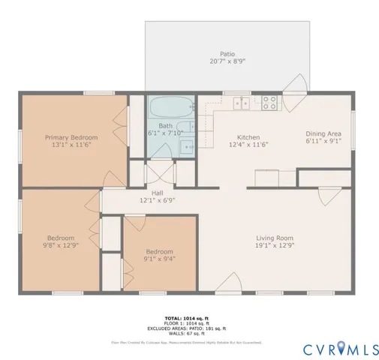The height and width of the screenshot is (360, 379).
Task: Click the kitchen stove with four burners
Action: tap(269, 103)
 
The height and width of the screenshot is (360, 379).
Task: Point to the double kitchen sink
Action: tap(242, 103)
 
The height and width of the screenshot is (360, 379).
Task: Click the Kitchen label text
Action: tap(248, 137)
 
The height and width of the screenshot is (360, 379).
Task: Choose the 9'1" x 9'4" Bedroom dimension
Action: tap(159, 260)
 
